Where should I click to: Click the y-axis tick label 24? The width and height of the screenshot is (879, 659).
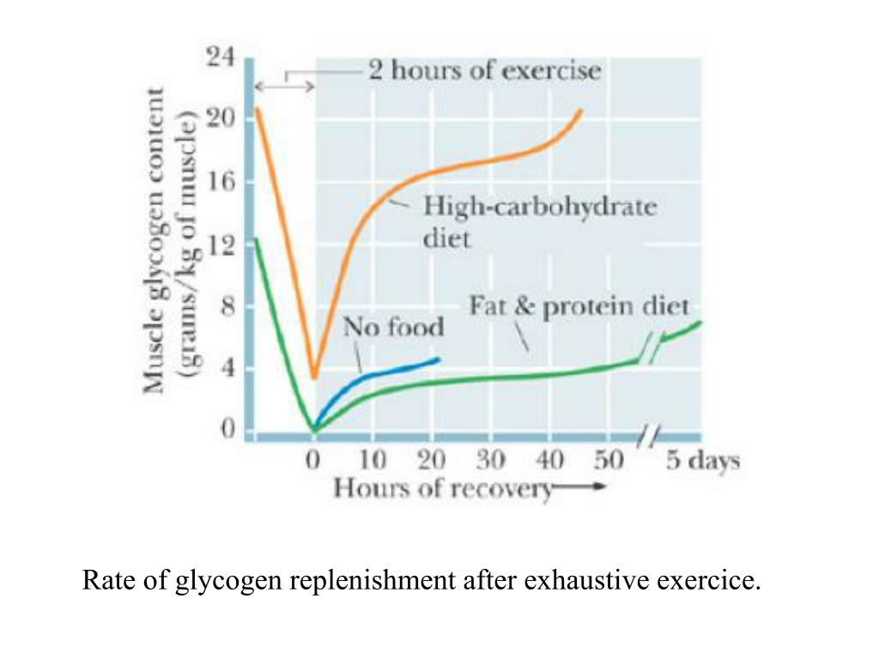(220, 57)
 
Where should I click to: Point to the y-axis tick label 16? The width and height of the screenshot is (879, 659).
(220, 182)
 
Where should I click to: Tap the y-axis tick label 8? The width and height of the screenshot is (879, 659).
(226, 306)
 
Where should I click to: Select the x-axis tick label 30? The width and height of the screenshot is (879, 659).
(491, 461)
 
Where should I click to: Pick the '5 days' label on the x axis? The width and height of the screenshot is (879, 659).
(702, 461)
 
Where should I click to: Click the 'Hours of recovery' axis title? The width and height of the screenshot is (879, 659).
(442, 489)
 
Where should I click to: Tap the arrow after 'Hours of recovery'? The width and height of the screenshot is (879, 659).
(582, 488)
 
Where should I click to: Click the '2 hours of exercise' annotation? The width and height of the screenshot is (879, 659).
(485, 70)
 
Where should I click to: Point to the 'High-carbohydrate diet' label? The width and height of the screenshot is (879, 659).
(538, 221)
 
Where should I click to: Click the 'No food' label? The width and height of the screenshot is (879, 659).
(394, 327)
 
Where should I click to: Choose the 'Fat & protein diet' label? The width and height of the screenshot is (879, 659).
(579, 306)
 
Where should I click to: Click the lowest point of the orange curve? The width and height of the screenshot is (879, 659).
(314, 377)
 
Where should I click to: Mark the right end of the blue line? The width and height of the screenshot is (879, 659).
(439, 359)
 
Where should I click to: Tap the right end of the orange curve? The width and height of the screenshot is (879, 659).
(581, 110)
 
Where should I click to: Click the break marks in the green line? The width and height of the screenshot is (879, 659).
(655, 348)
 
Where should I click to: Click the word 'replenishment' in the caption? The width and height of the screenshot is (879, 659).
(371, 581)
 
